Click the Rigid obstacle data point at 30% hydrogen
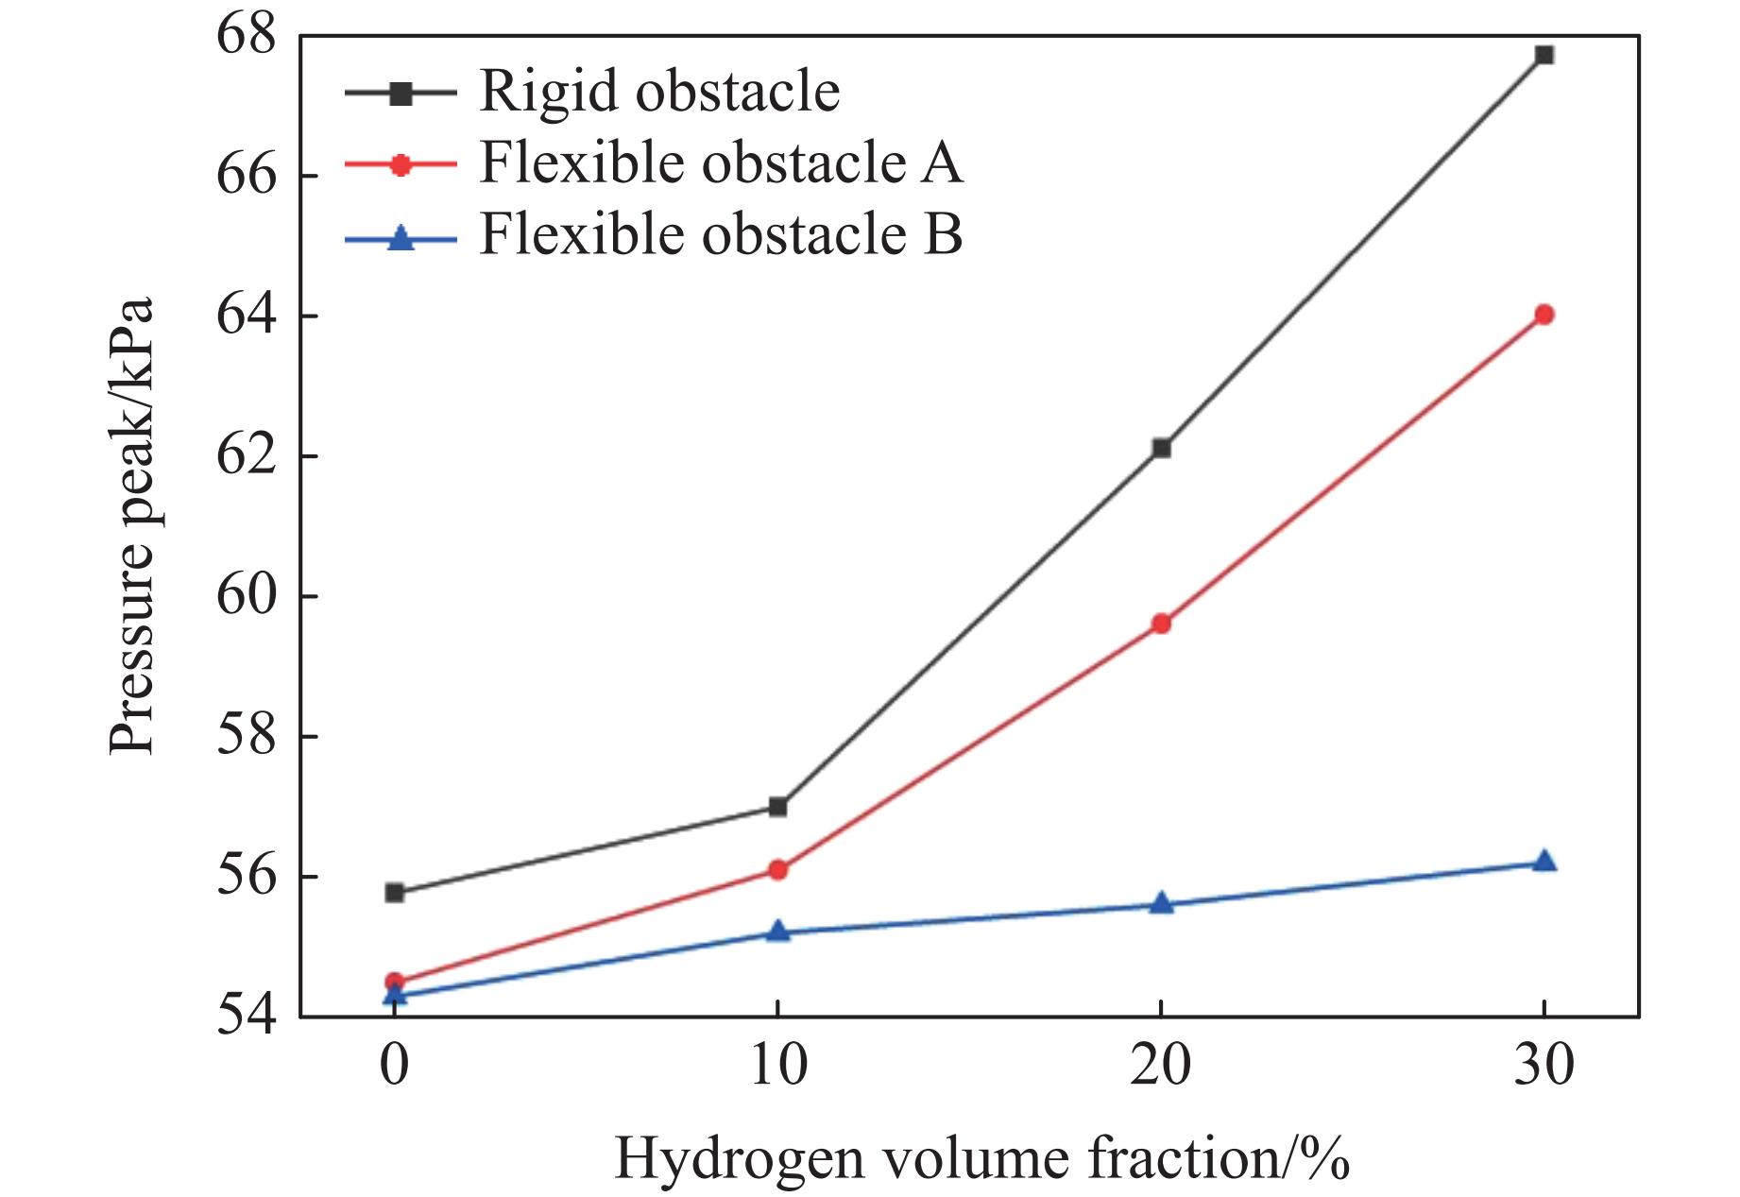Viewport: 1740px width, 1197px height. (x=1544, y=55)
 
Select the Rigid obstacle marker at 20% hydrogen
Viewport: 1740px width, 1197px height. (x=1161, y=448)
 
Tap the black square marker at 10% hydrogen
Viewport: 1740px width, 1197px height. (x=777, y=807)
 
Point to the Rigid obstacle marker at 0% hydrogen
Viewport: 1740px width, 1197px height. (x=395, y=893)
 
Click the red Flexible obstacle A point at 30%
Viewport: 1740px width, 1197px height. (x=1544, y=315)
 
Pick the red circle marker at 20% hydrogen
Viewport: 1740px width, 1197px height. (x=1161, y=624)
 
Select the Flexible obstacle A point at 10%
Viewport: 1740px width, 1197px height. (x=777, y=870)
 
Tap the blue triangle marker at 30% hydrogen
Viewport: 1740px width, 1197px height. (x=1544, y=861)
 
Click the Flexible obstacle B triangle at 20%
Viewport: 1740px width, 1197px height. (x=1161, y=904)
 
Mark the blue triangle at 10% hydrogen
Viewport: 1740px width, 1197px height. (x=777, y=932)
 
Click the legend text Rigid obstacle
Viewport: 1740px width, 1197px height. (x=659, y=92)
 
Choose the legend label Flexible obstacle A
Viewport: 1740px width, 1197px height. (x=721, y=162)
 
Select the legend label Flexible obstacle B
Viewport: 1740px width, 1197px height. (x=721, y=233)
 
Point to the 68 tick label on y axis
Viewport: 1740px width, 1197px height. (x=247, y=36)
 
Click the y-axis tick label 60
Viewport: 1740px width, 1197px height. (x=247, y=596)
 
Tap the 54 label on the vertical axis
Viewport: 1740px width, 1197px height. (x=247, y=1017)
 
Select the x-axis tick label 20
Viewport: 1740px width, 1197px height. (x=1161, y=1065)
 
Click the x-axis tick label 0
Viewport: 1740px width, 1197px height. (x=395, y=1065)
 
